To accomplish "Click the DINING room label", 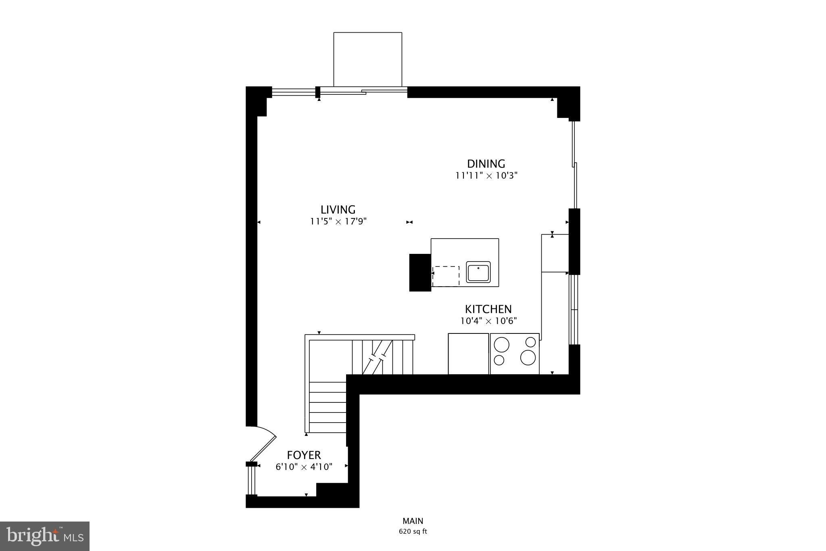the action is tap(486, 164).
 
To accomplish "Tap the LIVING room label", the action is tap(338, 210).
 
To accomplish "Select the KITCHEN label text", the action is tap(488, 309).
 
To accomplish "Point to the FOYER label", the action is tap(304, 455).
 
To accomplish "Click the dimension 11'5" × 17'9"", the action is tap(338, 222).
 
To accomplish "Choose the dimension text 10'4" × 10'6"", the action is tap(488, 321).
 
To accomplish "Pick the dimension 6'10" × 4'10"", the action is tap(304, 467).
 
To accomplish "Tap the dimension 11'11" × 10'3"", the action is tap(486, 176).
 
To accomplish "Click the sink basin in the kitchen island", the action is tap(478, 272).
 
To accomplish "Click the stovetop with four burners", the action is tap(515, 354).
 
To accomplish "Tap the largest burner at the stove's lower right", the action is tap(528, 357).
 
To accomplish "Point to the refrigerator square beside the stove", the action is tap(469, 354).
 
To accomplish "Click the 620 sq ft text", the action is tap(413, 532).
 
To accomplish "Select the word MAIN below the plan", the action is tap(413, 521).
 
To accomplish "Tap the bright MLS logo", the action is tap(45, 536).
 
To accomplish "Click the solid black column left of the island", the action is tap(420, 272).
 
